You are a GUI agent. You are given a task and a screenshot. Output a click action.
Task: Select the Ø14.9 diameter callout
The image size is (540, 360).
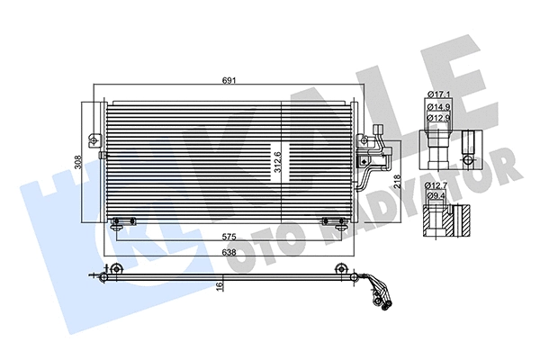[439, 106]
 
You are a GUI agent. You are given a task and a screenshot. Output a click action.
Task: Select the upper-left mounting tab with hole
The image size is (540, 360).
[94, 139]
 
